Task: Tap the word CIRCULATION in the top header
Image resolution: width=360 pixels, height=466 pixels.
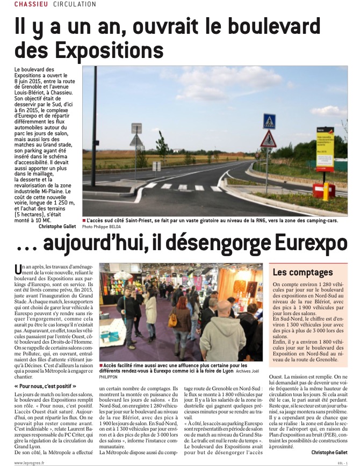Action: (x=75, y=4)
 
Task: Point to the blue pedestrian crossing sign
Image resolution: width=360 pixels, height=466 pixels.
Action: (x=269, y=121)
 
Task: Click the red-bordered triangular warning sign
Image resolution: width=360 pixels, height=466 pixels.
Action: (x=268, y=141)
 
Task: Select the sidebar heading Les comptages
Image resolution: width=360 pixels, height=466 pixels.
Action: (x=303, y=272)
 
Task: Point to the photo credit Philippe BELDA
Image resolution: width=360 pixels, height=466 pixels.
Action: (x=109, y=227)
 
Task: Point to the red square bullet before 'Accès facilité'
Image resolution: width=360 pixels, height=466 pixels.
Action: (x=101, y=349)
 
